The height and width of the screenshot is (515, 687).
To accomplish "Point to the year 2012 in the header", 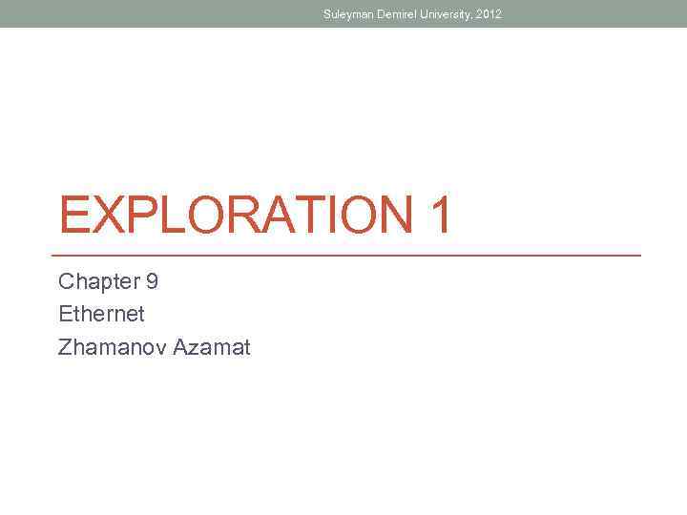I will click(x=489, y=14).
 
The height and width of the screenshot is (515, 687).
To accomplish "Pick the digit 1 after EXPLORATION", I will click(x=440, y=216).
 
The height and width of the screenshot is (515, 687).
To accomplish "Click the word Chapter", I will click(x=96, y=281).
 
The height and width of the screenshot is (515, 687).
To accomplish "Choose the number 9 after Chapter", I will click(x=153, y=281).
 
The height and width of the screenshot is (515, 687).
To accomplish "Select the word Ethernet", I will click(x=101, y=314).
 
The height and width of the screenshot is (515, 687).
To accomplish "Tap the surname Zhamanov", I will click(x=112, y=346).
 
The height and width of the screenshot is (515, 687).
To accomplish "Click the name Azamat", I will click(x=211, y=346).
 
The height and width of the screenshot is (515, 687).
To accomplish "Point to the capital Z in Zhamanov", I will click(x=64, y=346).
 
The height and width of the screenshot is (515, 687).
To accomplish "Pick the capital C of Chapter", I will click(x=66, y=281).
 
